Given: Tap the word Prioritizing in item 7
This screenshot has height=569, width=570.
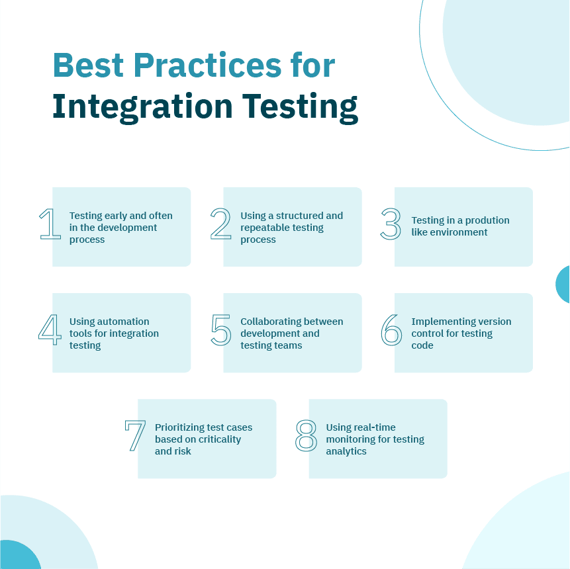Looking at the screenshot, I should [180, 427].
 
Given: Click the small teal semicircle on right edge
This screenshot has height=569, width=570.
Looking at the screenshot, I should [563, 284].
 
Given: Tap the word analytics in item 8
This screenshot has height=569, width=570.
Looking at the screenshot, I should [346, 451].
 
